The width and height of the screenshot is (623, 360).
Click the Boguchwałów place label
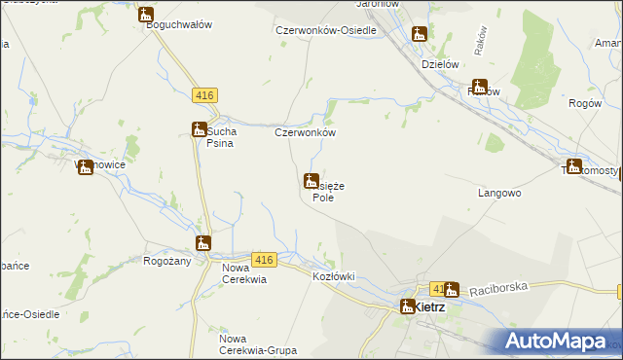(179, 25)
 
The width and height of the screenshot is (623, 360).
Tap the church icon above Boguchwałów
(146, 15)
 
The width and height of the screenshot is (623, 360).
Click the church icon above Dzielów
(420, 36)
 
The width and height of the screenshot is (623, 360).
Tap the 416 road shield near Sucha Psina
(204, 95)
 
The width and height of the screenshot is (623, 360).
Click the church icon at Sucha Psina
(198, 129)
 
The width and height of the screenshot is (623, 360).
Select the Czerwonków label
(306, 133)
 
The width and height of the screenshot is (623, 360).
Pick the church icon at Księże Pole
(311, 181)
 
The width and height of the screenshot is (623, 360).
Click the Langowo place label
(500, 194)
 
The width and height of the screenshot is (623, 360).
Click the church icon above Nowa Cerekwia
(202, 243)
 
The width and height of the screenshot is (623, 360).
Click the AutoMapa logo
(556, 341)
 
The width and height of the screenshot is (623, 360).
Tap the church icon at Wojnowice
(86, 167)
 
